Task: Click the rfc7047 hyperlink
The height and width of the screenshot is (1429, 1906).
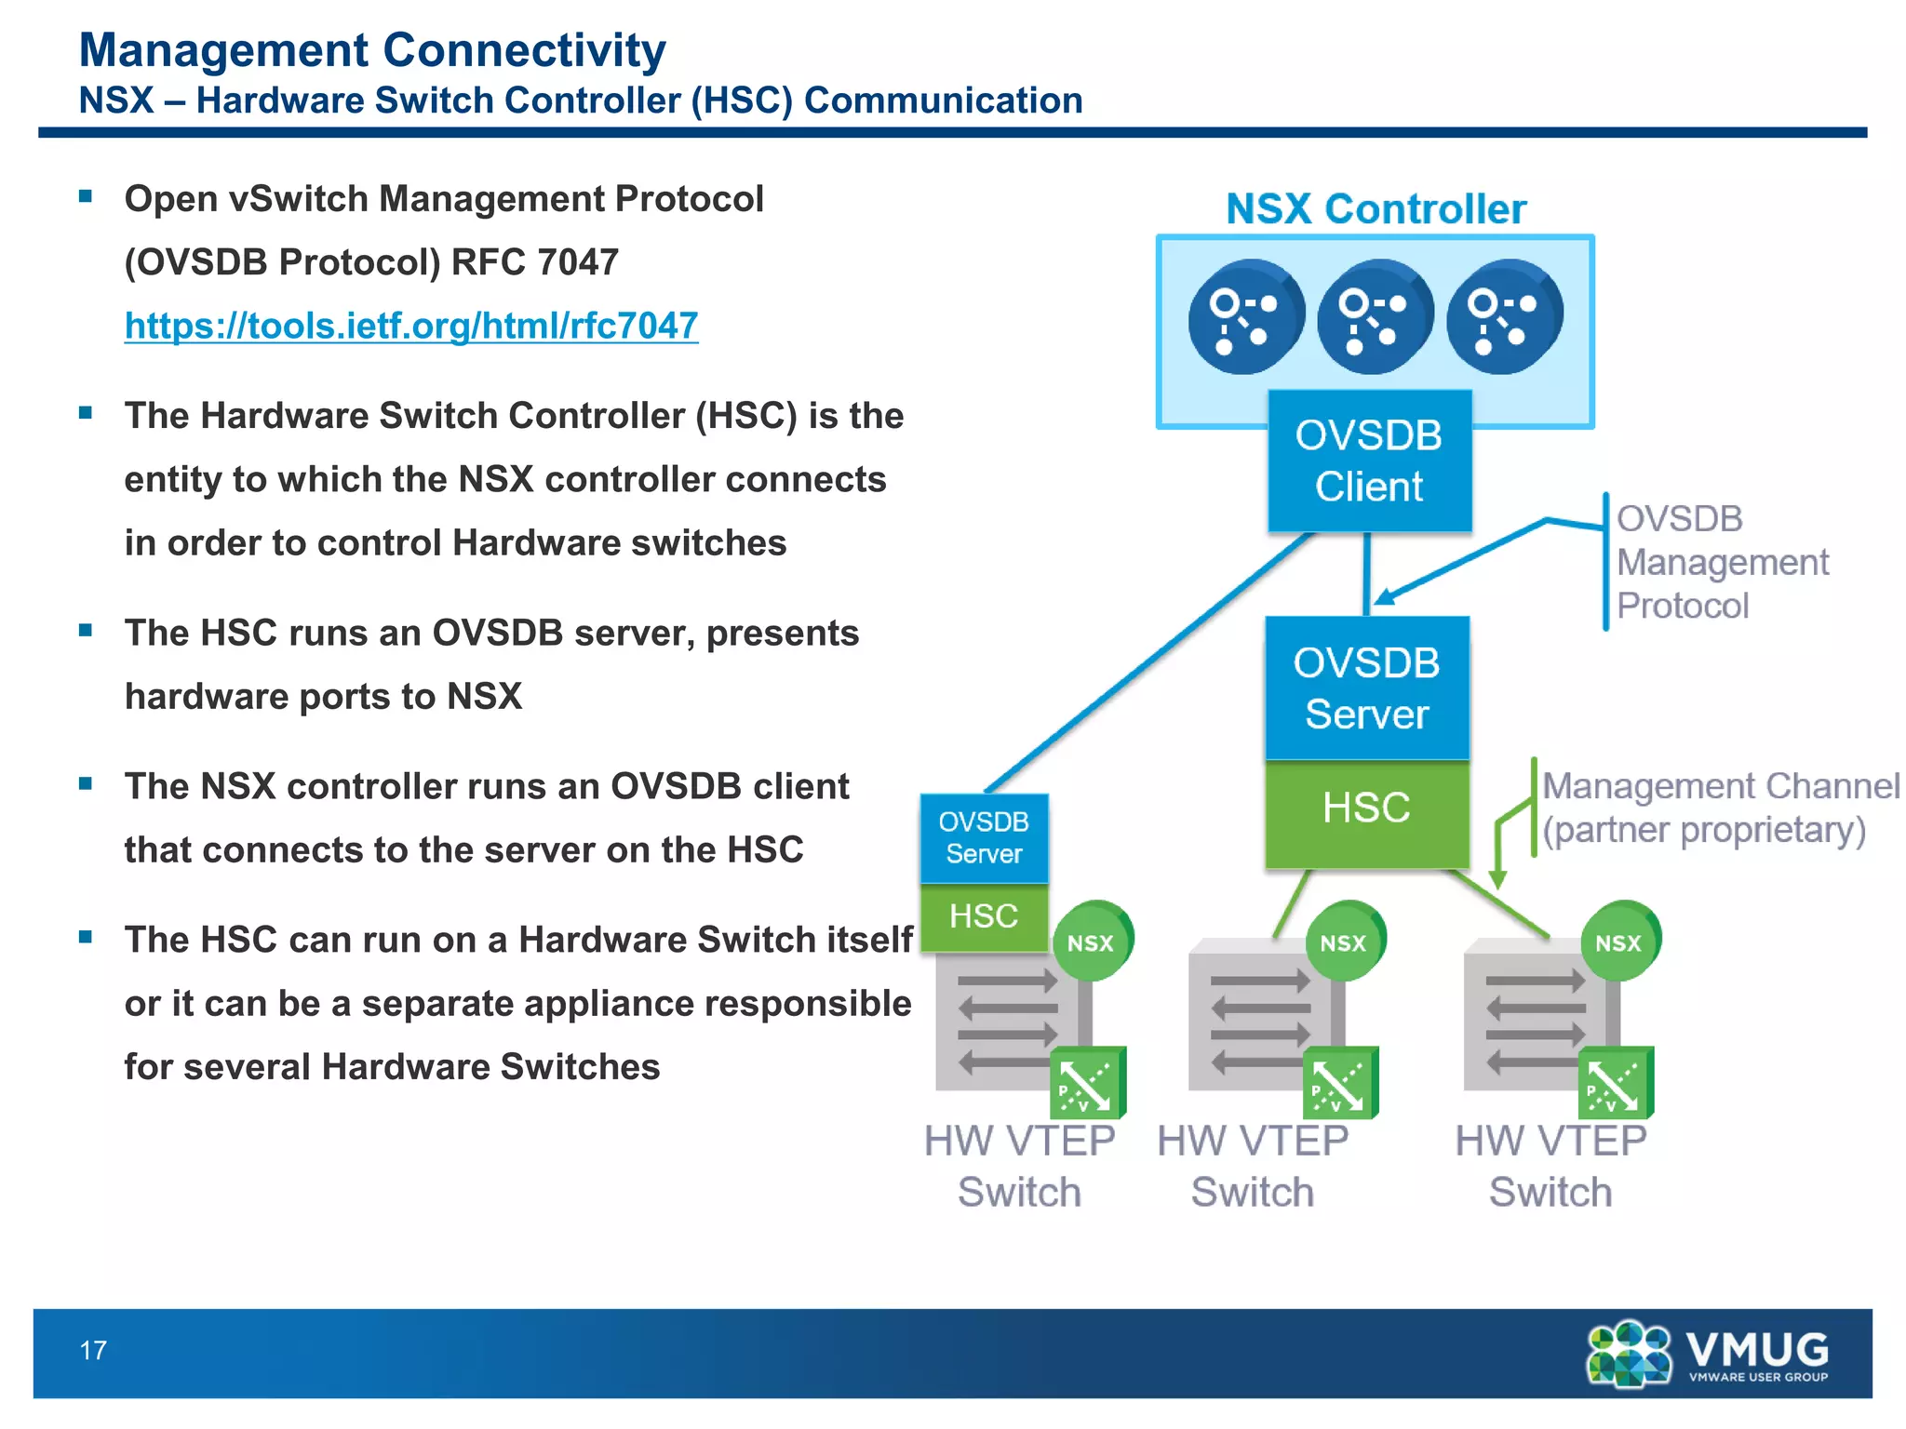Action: pos(410,326)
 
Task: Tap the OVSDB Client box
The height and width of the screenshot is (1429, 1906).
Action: pos(1369,461)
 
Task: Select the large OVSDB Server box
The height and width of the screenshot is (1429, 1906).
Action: pos(1366,688)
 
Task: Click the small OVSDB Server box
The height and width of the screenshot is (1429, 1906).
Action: pos(984,838)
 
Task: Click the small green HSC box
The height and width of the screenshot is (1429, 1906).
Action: pos(984,917)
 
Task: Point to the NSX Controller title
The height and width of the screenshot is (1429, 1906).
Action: pos(1376,209)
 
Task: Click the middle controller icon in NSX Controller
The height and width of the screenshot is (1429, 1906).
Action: pos(1375,317)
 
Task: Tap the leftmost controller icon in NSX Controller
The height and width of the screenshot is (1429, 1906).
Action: pos(1245,317)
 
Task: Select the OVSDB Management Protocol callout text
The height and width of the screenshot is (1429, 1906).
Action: pos(1722,562)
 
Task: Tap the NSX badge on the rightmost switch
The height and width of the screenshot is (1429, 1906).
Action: pos(1619,942)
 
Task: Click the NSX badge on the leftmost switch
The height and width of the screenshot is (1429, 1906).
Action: pos(1091,942)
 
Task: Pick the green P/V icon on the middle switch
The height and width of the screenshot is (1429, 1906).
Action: pos(1338,1083)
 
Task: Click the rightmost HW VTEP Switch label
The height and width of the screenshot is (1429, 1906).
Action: pos(1550,1166)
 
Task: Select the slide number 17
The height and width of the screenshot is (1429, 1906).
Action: pos(93,1350)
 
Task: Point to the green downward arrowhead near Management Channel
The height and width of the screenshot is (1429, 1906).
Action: pos(1497,879)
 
